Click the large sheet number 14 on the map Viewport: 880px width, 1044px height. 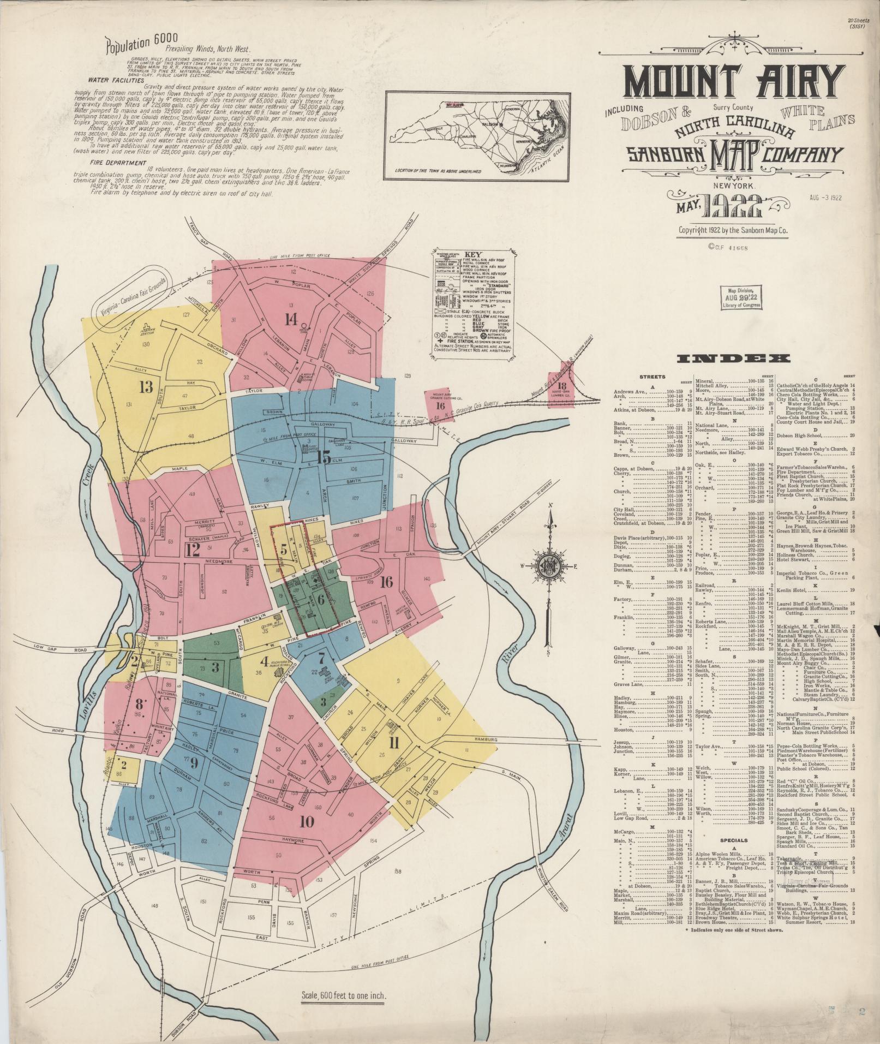tap(291, 318)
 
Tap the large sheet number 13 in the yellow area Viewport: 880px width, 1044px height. tap(146, 387)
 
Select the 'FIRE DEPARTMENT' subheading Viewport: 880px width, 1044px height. tap(111, 163)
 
